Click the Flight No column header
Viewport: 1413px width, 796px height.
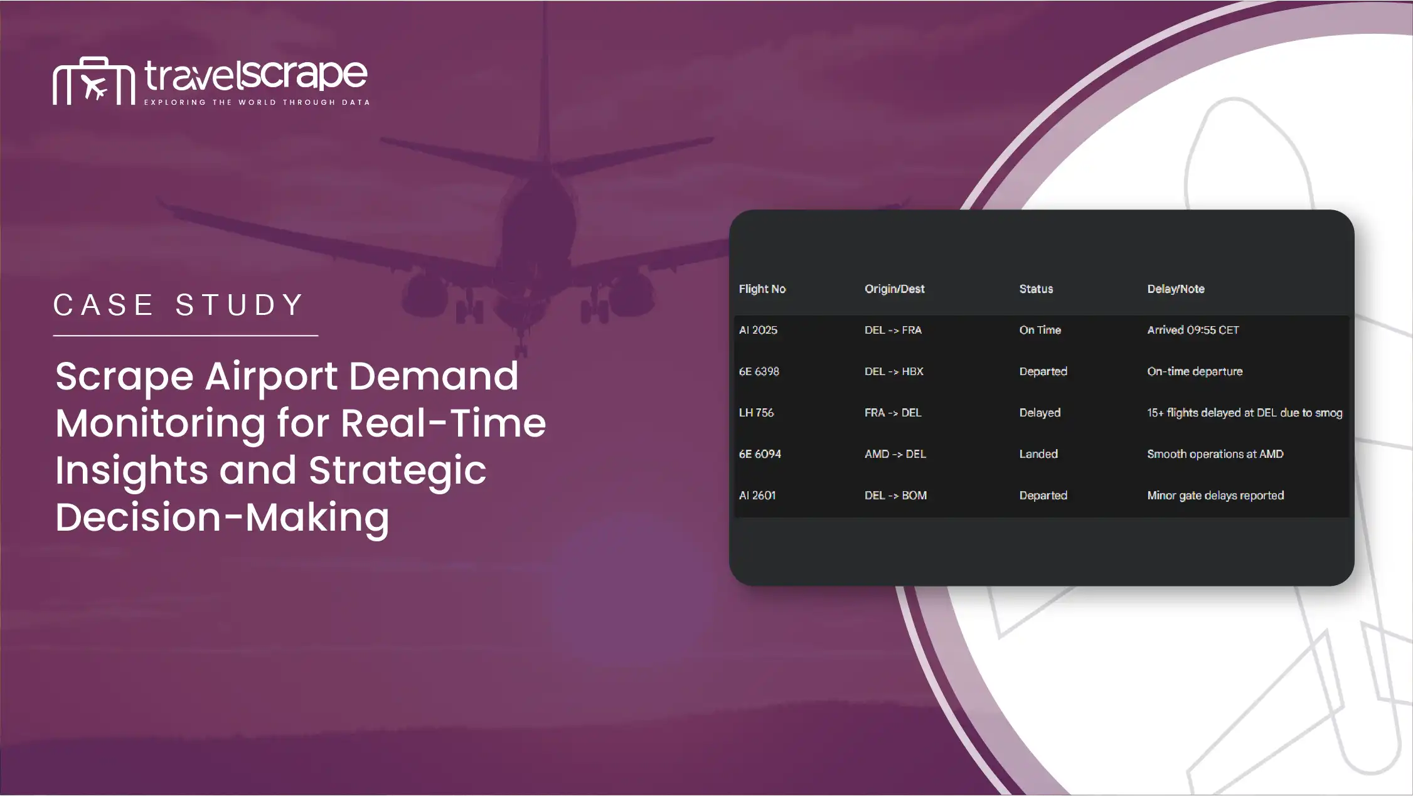tap(762, 289)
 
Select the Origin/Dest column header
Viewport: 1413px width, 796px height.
tap(894, 289)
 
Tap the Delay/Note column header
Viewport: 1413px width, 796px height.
tap(1175, 289)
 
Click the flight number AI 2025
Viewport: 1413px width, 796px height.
tap(757, 330)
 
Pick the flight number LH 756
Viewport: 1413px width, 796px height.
tap(756, 413)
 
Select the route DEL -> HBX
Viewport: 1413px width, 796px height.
tap(893, 371)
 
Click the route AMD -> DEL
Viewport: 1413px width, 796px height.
tap(895, 454)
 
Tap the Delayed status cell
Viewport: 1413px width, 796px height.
tap(1040, 413)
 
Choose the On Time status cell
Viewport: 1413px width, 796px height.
tap(1040, 330)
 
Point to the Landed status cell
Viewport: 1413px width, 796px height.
tap(1038, 454)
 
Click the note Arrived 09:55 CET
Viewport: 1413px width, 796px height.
tap(1193, 330)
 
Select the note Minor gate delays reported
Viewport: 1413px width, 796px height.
tap(1215, 496)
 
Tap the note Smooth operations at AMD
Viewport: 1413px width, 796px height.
tap(1215, 454)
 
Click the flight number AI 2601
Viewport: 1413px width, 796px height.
tap(757, 496)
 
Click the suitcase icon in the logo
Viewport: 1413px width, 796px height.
tap(93, 81)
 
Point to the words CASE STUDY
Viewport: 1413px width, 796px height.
tap(179, 305)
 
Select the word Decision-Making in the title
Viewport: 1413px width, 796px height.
tap(222, 518)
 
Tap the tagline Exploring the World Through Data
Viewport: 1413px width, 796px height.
tap(257, 102)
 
